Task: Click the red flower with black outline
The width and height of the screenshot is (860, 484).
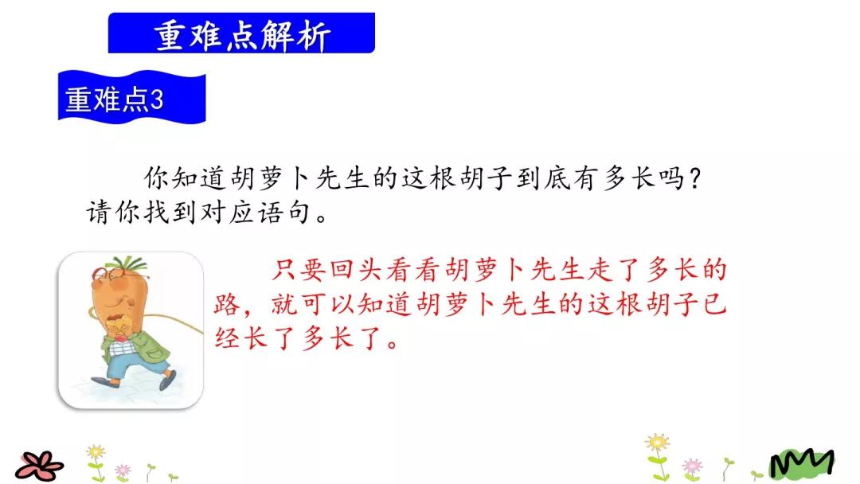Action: [39, 464]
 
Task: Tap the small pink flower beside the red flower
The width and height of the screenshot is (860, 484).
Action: [122, 470]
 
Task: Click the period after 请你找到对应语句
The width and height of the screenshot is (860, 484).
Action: [321, 219]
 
